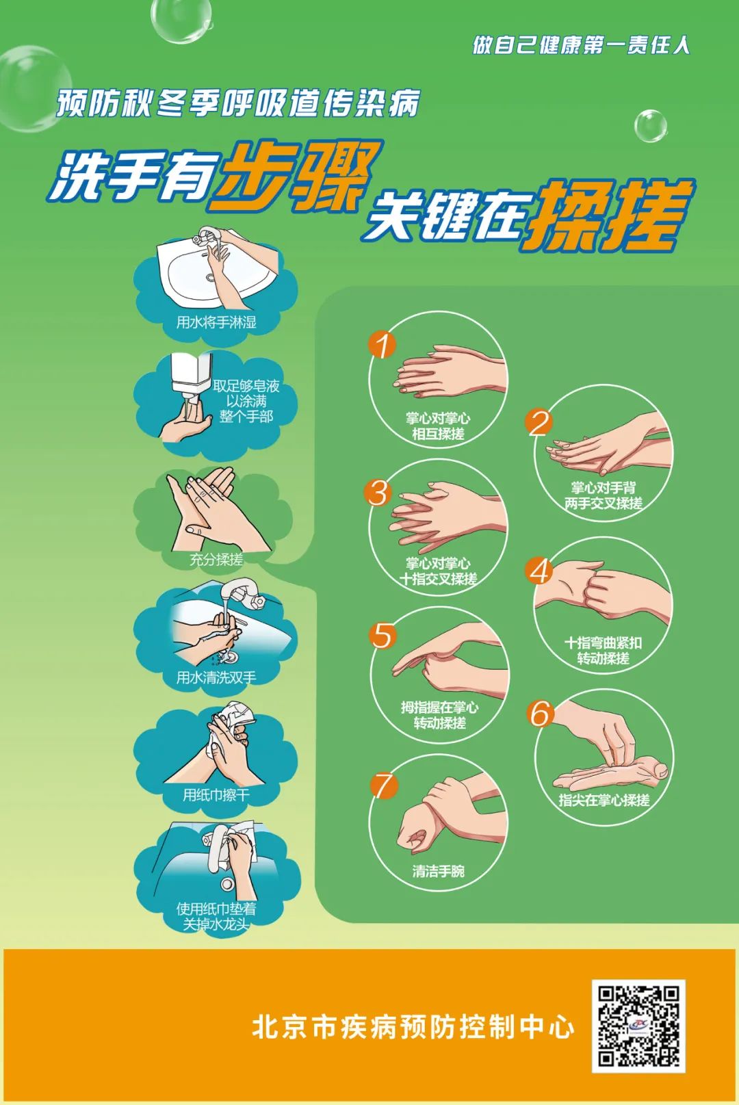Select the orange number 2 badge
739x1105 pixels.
point(539,422)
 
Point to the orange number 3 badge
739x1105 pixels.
point(378,493)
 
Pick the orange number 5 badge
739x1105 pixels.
point(383,636)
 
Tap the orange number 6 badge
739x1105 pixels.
point(540,714)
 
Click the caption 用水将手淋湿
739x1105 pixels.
point(216,323)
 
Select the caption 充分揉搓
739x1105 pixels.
point(216,560)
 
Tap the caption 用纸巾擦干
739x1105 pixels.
point(216,795)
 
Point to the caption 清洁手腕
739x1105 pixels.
point(439,871)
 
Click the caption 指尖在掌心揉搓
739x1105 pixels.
point(604,800)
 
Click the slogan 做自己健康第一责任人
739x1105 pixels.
point(581,45)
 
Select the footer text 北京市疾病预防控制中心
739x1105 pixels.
point(413,1027)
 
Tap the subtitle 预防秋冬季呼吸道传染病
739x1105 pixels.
point(238,103)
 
